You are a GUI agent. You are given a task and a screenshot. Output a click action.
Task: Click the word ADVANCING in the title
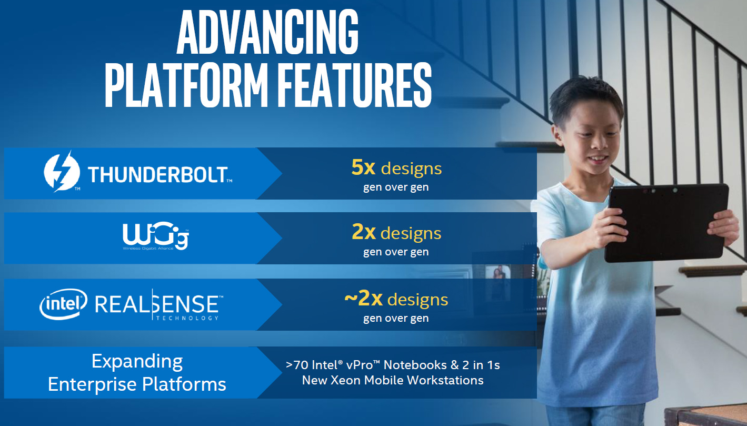(x=267, y=32)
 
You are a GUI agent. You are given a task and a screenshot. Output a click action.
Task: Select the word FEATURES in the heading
(x=355, y=85)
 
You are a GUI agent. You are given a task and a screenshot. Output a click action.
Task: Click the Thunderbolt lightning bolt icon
(x=62, y=172)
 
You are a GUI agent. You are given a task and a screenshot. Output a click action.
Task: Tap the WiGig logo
(x=156, y=236)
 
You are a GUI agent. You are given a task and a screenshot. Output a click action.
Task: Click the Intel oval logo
(x=63, y=304)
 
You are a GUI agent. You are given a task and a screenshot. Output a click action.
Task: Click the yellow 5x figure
(x=363, y=167)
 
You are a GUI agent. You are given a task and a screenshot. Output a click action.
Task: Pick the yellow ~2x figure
(x=363, y=298)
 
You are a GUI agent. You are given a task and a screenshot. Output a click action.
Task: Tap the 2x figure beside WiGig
(x=363, y=232)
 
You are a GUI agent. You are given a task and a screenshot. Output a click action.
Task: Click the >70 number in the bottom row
(x=297, y=365)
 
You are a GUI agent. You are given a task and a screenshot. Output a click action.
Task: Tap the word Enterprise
(x=92, y=384)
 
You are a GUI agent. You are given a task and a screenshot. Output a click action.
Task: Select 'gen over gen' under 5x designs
(x=396, y=187)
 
